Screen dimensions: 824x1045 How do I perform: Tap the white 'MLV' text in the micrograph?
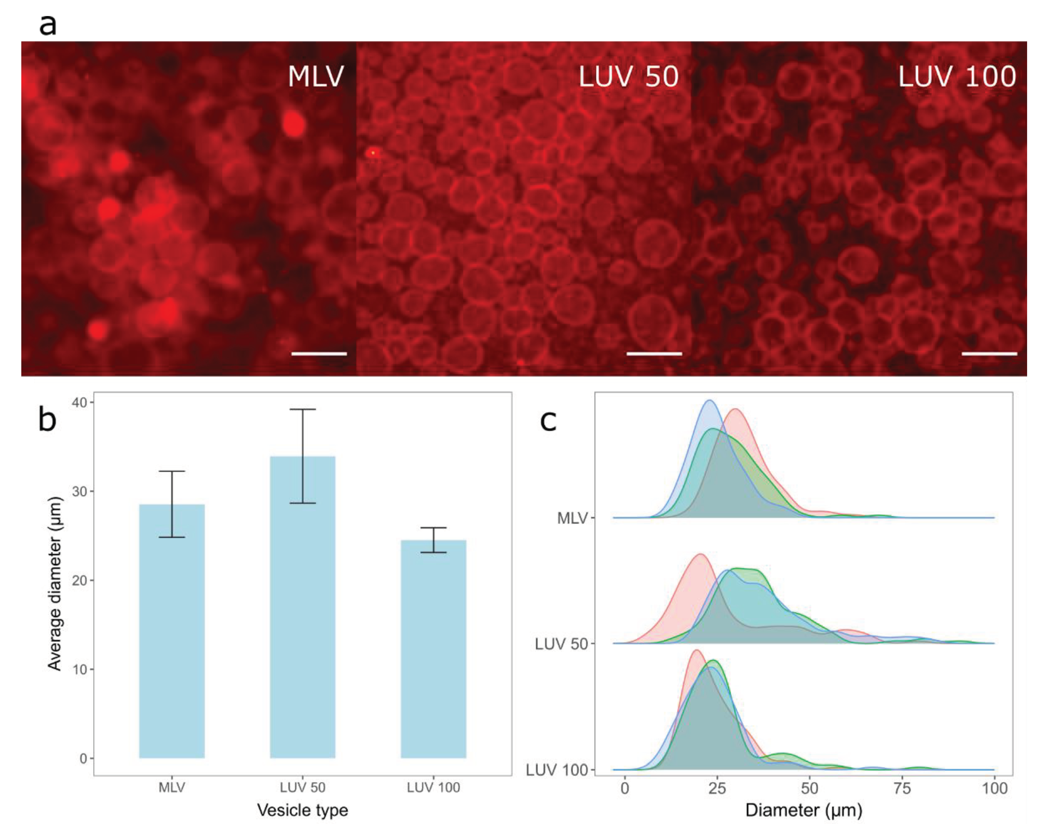point(316,76)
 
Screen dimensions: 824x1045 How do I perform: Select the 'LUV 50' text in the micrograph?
point(628,76)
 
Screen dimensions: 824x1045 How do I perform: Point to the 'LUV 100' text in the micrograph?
point(957,76)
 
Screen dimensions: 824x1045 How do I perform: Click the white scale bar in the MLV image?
point(319,354)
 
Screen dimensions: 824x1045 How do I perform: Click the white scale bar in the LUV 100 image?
point(989,354)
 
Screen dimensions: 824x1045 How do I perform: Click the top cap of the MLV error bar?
point(172,471)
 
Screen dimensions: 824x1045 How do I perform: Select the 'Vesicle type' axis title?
point(303,810)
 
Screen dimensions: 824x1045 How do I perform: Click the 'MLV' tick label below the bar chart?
point(172,787)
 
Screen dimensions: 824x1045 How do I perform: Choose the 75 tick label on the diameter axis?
point(902,788)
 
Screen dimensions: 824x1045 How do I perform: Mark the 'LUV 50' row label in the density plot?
point(560,644)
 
